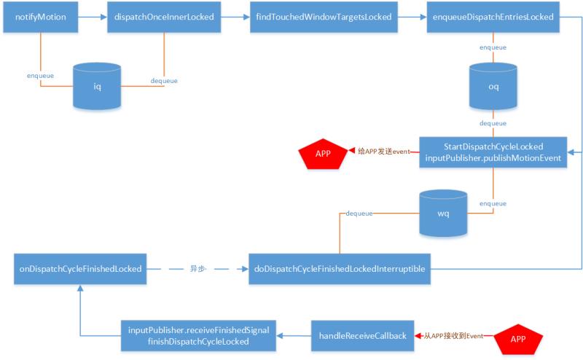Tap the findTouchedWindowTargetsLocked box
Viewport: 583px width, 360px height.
pyautogui.click(x=324, y=16)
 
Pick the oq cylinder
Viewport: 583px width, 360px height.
pyautogui.click(x=493, y=86)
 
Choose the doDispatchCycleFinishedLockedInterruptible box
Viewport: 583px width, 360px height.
pyautogui.click(x=340, y=268)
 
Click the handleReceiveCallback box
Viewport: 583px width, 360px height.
pyautogui.click(x=361, y=336)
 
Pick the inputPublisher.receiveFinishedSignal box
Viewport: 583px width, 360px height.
pyautogui.click(x=197, y=336)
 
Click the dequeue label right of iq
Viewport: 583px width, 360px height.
pyautogui.click(x=163, y=80)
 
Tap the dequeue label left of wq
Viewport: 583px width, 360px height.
pyautogui.click(x=360, y=214)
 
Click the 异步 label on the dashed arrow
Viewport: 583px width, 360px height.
pyautogui.click(x=198, y=268)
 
